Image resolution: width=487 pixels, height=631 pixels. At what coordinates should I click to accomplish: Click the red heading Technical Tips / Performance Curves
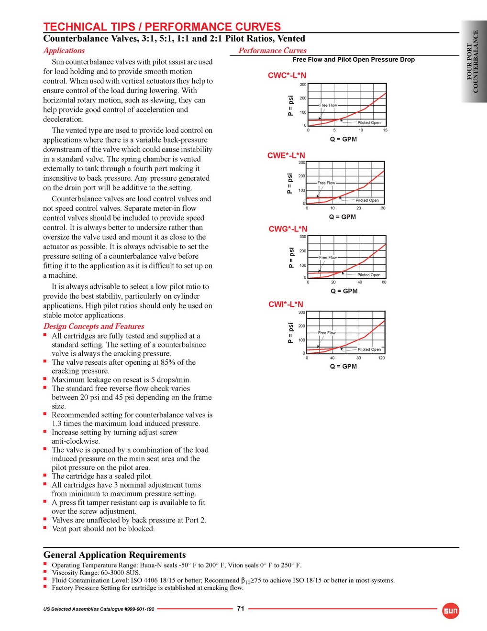tap(162, 27)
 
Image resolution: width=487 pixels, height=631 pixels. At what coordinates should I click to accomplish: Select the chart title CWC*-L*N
tap(287, 76)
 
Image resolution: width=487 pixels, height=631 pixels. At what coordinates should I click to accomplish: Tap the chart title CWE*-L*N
tap(286, 155)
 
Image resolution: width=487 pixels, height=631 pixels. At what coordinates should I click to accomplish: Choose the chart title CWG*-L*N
tap(288, 229)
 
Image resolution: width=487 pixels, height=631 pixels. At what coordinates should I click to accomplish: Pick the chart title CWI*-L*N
tap(286, 305)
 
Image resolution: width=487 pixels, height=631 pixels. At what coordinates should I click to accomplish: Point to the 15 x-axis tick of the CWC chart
tap(385, 130)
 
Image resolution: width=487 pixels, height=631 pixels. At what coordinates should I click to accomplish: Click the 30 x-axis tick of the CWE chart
tap(383, 208)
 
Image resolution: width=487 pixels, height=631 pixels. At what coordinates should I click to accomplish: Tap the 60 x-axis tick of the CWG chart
tap(384, 282)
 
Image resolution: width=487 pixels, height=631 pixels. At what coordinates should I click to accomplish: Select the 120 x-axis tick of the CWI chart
tap(381, 358)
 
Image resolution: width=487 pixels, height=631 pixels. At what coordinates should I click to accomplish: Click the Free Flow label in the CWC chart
tap(328, 105)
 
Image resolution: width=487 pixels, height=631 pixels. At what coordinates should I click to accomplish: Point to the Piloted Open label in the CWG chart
tap(369, 275)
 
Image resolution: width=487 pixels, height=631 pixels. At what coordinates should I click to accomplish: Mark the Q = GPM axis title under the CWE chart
tap(343, 217)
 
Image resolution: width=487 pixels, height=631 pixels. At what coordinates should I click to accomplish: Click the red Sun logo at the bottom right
tap(451, 610)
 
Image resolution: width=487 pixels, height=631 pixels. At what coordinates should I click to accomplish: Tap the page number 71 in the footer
tap(241, 609)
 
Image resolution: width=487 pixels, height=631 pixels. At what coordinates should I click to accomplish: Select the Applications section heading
tap(64, 51)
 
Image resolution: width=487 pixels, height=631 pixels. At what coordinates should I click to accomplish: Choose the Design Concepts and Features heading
tap(94, 326)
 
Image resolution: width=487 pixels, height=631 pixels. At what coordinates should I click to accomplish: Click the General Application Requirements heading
tap(114, 555)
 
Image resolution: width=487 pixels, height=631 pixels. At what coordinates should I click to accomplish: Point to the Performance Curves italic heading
tap(273, 51)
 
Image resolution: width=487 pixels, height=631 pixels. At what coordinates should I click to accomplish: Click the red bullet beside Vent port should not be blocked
tap(45, 528)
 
